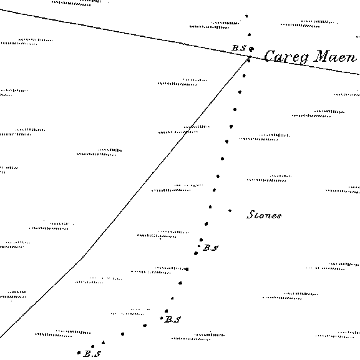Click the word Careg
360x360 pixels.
click(x=286, y=57)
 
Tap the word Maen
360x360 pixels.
click(x=336, y=57)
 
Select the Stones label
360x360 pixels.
click(x=264, y=215)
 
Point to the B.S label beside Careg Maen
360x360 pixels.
click(x=239, y=48)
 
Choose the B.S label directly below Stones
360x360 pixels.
click(x=210, y=248)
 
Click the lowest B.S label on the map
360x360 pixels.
click(x=92, y=354)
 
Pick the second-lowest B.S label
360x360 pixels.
click(x=173, y=319)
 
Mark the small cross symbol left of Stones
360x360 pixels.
click(x=230, y=210)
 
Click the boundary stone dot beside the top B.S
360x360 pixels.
click(x=251, y=49)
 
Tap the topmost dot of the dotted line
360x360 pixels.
click(x=246, y=16)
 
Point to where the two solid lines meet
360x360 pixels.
click(x=249, y=57)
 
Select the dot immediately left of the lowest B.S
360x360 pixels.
click(x=79, y=353)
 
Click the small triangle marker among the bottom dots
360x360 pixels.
click(x=104, y=343)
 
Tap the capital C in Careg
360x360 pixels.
click(x=270, y=56)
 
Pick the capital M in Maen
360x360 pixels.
click(x=322, y=56)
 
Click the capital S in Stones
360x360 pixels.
click(x=250, y=215)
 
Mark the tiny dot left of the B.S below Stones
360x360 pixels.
click(x=199, y=246)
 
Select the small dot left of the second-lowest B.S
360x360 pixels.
click(x=162, y=318)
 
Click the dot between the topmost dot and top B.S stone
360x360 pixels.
click(x=250, y=35)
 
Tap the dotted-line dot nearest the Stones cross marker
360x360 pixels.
click(x=210, y=207)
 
